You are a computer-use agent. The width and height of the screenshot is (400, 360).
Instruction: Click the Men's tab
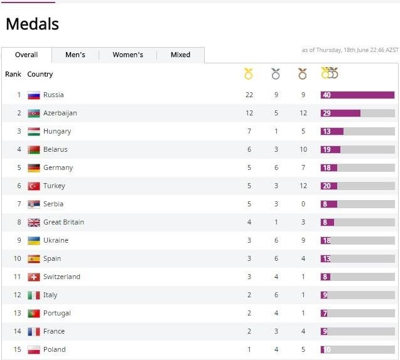coord(75,55)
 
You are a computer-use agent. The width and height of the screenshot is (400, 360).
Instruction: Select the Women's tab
coord(127,55)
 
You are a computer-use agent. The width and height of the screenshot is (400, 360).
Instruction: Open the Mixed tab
coord(180,55)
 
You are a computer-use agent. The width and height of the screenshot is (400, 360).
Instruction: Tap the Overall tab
coord(26,55)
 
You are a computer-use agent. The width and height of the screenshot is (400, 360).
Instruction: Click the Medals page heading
coord(32,24)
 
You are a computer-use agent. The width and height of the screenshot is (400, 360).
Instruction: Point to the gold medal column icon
coord(248,74)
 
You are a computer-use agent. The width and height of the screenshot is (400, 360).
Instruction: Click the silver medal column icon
coord(275,74)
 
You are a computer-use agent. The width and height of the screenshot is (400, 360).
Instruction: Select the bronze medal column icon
coord(303,74)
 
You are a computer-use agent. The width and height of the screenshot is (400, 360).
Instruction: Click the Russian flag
coord(34,95)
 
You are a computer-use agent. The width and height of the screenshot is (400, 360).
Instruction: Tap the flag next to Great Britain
coord(34,223)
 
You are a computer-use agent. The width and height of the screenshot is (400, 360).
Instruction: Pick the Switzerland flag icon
coord(34,277)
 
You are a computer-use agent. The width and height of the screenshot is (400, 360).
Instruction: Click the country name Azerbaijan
coord(60,114)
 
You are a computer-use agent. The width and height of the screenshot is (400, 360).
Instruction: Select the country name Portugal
coord(57,314)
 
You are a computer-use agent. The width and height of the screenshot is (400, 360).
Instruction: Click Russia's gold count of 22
coord(249,95)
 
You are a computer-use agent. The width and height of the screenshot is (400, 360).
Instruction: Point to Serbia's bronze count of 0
coord(303,204)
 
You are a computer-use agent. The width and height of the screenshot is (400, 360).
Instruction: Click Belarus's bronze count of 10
coord(303,150)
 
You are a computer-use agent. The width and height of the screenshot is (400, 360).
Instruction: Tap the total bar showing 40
coord(357,95)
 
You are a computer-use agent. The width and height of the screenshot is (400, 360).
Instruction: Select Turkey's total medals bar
coord(357,186)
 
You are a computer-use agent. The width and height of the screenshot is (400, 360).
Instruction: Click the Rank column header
coord(13,75)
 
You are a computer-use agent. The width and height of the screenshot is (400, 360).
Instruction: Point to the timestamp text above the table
coord(350,50)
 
